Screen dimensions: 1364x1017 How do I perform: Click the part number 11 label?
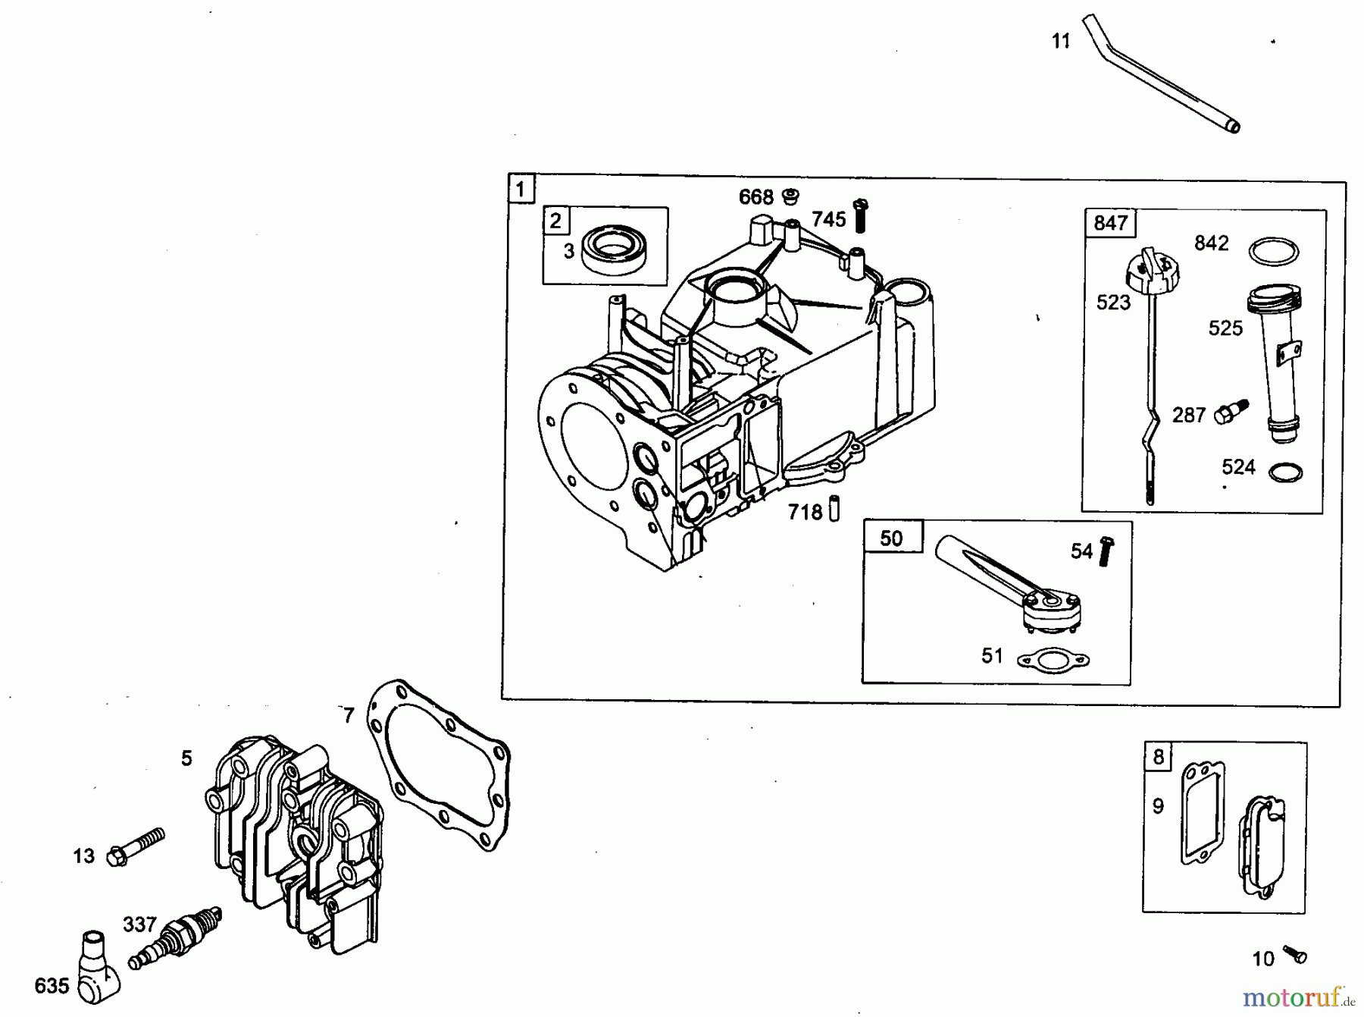click(x=1061, y=41)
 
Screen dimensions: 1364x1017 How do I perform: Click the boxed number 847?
click(x=1111, y=223)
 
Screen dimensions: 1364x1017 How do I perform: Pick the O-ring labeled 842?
click(x=1273, y=251)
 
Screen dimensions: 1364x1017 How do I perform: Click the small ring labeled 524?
click(x=1285, y=472)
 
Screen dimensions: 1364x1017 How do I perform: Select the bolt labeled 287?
click(x=1231, y=411)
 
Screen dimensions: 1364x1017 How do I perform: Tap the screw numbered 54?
click(x=1106, y=551)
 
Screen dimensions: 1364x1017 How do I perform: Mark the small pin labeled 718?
click(x=834, y=508)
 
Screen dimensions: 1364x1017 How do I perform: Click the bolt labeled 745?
click(x=860, y=215)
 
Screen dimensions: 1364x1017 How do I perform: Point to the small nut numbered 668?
click(x=791, y=196)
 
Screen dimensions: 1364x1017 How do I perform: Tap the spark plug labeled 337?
click(x=175, y=937)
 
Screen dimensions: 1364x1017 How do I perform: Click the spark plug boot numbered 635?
click(x=99, y=966)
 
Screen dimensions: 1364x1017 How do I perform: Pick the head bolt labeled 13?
click(x=136, y=846)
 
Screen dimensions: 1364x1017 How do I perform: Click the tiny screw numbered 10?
click(x=1294, y=954)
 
